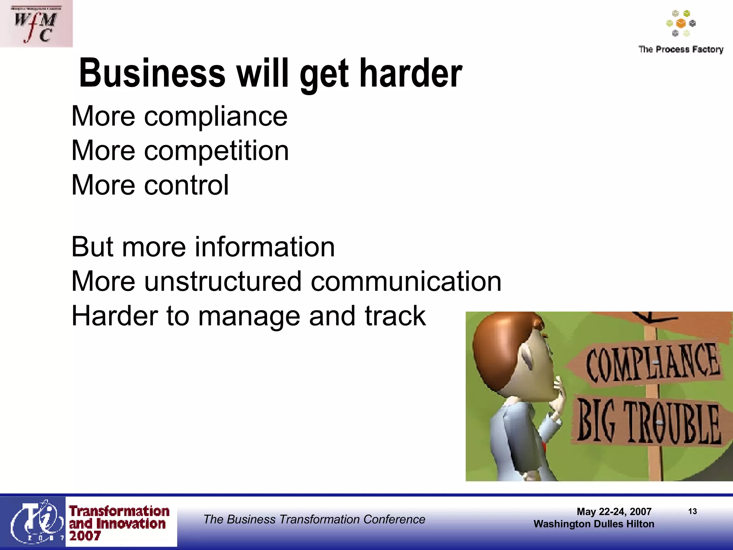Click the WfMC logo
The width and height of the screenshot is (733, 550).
pos(36,24)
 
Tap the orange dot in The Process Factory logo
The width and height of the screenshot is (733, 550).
pos(681,24)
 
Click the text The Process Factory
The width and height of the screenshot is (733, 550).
pos(681,49)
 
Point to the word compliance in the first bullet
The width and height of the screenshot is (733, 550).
pos(216,116)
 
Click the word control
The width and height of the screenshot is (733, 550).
pos(186,185)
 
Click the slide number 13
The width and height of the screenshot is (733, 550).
pos(692,511)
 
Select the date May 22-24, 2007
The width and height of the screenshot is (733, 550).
pos(614,512)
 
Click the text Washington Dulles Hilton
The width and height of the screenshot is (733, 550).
pos(594,524)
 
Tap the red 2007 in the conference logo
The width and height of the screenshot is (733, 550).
pos(85,536)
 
